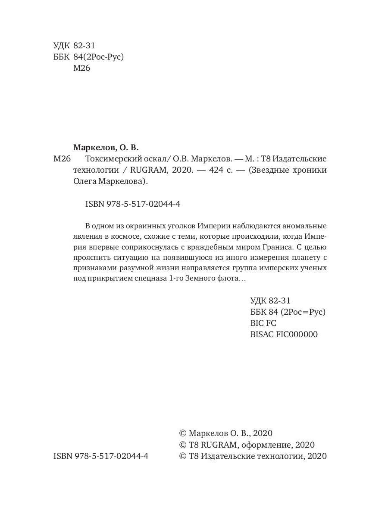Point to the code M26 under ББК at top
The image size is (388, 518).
click(x=82, y=68)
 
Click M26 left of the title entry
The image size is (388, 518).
click(x=62, y=158)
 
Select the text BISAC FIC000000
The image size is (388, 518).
click(x=284, y=334)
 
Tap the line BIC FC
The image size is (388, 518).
click(x=263, y=323)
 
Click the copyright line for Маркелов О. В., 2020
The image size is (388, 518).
click(x=225, y=433)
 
